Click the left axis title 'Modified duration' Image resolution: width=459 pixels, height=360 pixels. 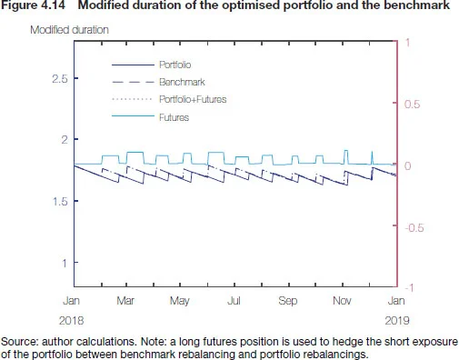coord(69,30)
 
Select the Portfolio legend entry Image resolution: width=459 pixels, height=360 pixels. coord(175,65)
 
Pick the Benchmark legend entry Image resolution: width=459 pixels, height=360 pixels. coord(178,82)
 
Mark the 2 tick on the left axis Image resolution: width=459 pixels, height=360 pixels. coord(63,140)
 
